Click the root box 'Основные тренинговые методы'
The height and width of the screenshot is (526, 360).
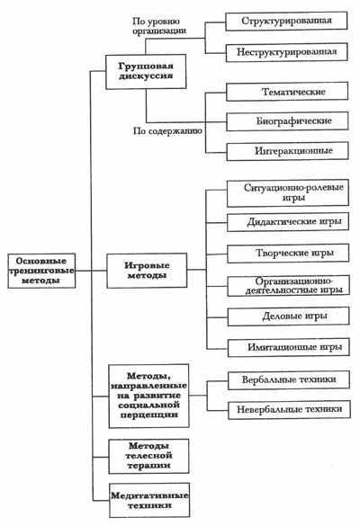point(41,271)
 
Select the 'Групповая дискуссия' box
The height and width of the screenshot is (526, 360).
point(146,71)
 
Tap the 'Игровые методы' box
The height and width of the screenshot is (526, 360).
point(147,271)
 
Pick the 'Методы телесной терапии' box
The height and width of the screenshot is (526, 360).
point(148,456)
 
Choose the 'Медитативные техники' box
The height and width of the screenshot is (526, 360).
point(149,500)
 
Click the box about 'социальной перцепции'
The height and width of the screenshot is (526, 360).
point(148,396)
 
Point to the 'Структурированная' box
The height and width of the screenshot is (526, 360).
point(286,22)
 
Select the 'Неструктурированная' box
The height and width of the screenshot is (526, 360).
point(286,52)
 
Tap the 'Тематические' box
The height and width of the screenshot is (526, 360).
point(287,92)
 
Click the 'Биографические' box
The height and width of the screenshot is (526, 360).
point(287,121)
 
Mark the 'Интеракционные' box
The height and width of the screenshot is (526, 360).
point(287,151)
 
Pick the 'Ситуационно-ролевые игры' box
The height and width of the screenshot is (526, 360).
point(288,193)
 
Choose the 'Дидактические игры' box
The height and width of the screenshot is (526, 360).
point(288,222)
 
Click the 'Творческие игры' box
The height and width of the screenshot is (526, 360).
point(288,254)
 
